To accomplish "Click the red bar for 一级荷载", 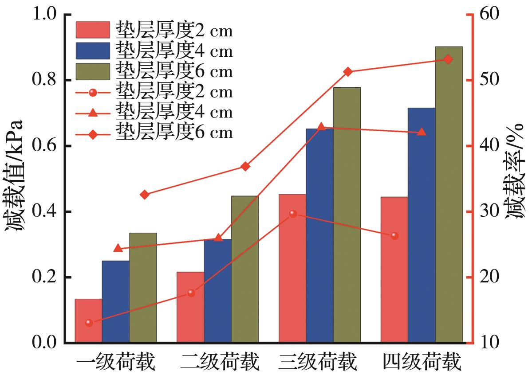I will click(x=88, y=321).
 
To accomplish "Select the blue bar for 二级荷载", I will click(x=217, y=291).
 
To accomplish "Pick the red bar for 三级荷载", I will click(x=292, y=268).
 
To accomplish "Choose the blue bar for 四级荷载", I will click(x=422, y=225).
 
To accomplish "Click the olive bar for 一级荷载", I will click(x=143, y=288).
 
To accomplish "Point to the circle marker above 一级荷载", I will click(x=89, y=323).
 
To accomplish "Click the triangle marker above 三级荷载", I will click(x=322, y=128).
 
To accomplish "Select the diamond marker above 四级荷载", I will click(x=448, y=59).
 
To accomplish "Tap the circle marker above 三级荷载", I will click(x=293, y=214).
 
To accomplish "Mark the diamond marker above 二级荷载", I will click(x=245, y=167).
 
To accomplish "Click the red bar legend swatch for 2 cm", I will click(x=92, y=30).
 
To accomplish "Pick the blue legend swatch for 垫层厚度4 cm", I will click(x=92, y=51).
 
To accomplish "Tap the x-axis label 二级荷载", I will click(x=220, y=363).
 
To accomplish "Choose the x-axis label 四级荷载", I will click(x=422, y=363).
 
